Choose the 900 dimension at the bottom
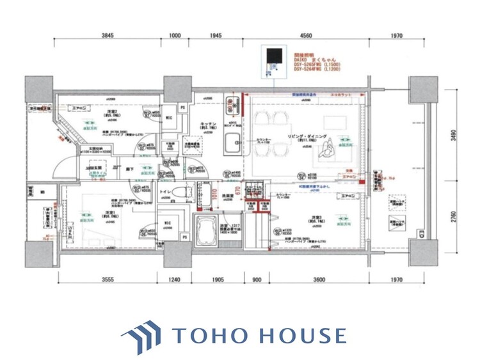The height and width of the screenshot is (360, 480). coord(257,279)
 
